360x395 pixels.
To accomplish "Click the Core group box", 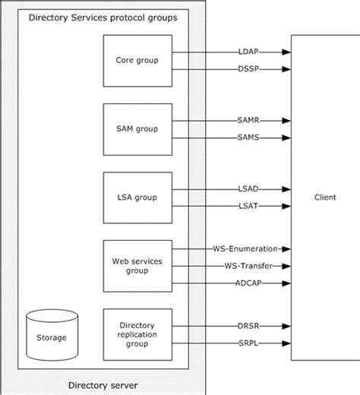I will coord(137,60).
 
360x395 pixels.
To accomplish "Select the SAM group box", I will coord(137,129).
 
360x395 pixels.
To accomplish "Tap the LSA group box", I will coord(137,197).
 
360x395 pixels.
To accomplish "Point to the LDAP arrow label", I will coord(248,52).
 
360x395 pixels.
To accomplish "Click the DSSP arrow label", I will coord(248,69).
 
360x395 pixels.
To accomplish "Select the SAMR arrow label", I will coord(248,120).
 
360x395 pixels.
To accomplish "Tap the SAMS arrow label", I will coord(248,137).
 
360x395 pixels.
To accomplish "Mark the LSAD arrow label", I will coord(248,188).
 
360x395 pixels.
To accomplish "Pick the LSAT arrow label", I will coord(248,206).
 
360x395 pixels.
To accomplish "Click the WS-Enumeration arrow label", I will coord(248,248).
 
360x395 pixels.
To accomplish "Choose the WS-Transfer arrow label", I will coord(248,266).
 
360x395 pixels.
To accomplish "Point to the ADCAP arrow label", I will coord(248,283).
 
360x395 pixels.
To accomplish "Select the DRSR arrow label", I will coord(248,325).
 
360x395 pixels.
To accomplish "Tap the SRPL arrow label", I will coord(248,343).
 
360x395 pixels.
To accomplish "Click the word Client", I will coord(324,197).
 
